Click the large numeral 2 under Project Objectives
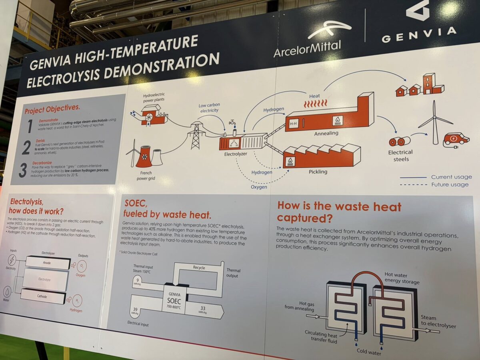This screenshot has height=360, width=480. point(26,147)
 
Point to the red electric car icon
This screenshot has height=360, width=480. point(456,139)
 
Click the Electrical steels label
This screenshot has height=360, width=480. point(400,156)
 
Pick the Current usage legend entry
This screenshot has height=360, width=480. point(451,177)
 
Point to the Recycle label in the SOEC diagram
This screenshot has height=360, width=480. point(198,268)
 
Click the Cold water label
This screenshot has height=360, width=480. point(368,352)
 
